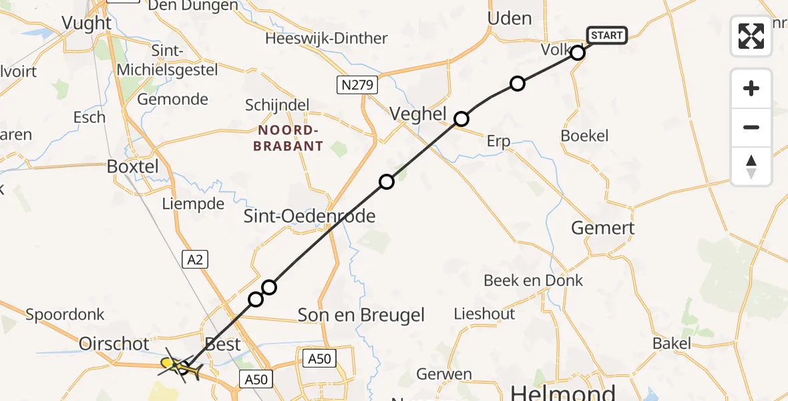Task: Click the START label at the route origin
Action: click(606, 35)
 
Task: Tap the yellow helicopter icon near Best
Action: click(180, 366)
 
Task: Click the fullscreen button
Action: click(751, 36)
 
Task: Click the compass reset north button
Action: click(751, 166)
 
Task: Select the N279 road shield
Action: click(357, 85)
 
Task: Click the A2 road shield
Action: click(194, 259)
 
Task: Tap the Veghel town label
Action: click(417, 114)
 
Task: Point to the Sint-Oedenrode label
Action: click(309, 216)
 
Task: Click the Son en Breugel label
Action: click(361, 315)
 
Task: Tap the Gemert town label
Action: click(602, 228)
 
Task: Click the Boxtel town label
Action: click(133, 166)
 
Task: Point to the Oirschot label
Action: click(114, 344)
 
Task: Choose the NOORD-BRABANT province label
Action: click(288, 138)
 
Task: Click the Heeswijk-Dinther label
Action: click(326, 38)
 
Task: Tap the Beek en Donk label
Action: click(533, 281)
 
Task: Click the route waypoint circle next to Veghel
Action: click(461, 119)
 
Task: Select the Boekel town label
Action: click(584, 136)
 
